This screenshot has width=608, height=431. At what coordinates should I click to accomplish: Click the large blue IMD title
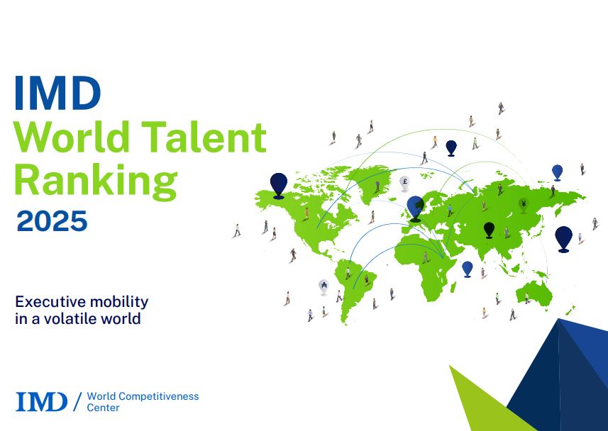pyautogui.click(x=57, y=93)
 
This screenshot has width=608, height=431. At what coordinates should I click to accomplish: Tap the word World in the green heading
pyautogui.click(x=72, y=136)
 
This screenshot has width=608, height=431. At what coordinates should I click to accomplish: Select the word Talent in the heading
pyautogui.click(x=204, y=136)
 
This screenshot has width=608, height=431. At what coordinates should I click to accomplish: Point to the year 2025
pyautogui.click(x=52, y=221)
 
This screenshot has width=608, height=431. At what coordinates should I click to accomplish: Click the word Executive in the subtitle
pyautogui.click(x=44, y=301)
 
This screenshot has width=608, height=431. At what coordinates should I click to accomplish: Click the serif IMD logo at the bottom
pyautogui.click(x=41, y=401)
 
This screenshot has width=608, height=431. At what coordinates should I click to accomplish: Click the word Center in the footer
pyautogui.click(x=103, y=408)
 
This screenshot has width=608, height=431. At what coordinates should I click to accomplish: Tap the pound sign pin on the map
pyautogui.click(x=405, y=184)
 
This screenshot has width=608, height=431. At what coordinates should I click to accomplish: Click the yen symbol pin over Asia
pyautogui.click(x=524, y=206)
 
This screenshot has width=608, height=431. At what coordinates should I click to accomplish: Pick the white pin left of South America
pyautogui.click(x=324, y=287)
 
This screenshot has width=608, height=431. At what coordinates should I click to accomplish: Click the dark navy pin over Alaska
pyautogui.click(x=279, y=186)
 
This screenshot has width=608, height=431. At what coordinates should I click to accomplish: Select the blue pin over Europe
pyautogui.click(x=415, y=209)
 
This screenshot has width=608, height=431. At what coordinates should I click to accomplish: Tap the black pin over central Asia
pyautogui.click(x=490, y=230)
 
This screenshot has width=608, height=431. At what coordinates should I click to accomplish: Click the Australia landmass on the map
pyautogui.click(x=534, y=293)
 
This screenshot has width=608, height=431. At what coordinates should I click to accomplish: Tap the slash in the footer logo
pyautogui.click(x=77, y=401)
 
